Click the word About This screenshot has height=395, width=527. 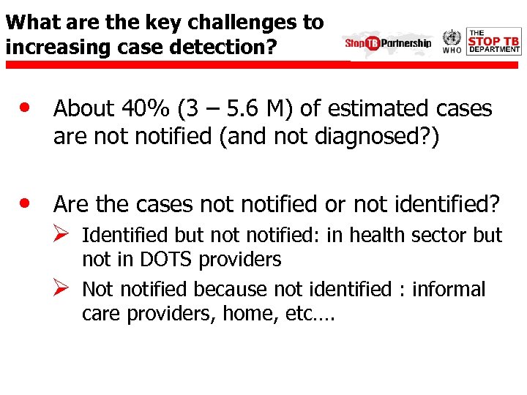[x=84, y=110]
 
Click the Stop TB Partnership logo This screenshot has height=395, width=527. [x=388, y=42]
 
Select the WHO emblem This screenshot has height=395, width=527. [x=452, y=41]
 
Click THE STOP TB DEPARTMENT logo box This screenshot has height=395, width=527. [x=493, y=42]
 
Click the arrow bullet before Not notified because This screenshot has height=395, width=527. [x=62, y=287]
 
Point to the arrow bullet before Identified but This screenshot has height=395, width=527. [x=62, y=234]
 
